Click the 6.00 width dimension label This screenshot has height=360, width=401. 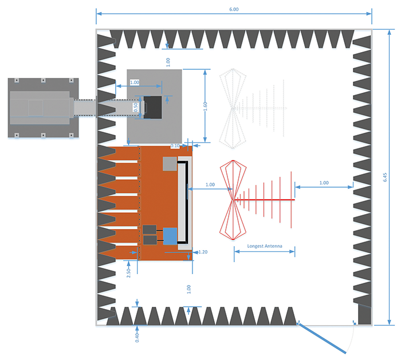tap(234, 9)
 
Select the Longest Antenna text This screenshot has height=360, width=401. tap(264, 247)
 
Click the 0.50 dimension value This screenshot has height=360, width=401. tap(136, 107)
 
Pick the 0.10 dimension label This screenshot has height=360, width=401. tap(175, 146)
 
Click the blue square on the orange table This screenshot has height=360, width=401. tap(170, 235)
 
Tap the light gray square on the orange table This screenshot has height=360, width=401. tap(169, 164)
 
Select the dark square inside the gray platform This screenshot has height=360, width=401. tap(152, 106)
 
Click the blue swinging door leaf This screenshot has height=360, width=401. tap(325, 339)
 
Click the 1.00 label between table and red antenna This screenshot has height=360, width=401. tap(210, 185)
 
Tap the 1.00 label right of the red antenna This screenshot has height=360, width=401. tap(324, 183)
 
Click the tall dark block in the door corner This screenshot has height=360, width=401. tap(364, 313)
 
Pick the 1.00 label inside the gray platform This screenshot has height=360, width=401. tap(135, 82)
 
